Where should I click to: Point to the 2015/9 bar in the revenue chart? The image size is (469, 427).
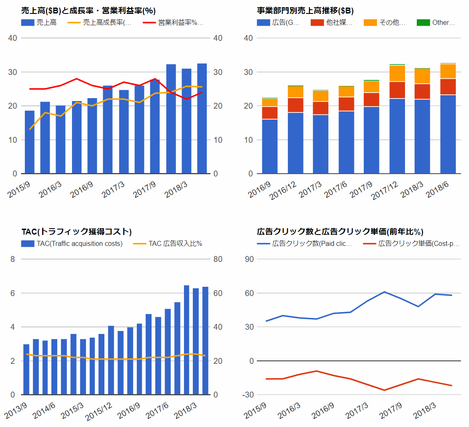[29, 142]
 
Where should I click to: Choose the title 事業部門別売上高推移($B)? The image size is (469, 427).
[305, 11]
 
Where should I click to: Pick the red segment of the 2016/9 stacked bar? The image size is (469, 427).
[270, 113]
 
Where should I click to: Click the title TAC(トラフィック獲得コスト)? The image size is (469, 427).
[77, 232]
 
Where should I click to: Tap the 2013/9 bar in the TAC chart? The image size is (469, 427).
[27, 369]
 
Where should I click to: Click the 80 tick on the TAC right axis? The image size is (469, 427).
[218, 259]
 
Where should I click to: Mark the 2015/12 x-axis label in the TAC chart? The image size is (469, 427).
[99, 411]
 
